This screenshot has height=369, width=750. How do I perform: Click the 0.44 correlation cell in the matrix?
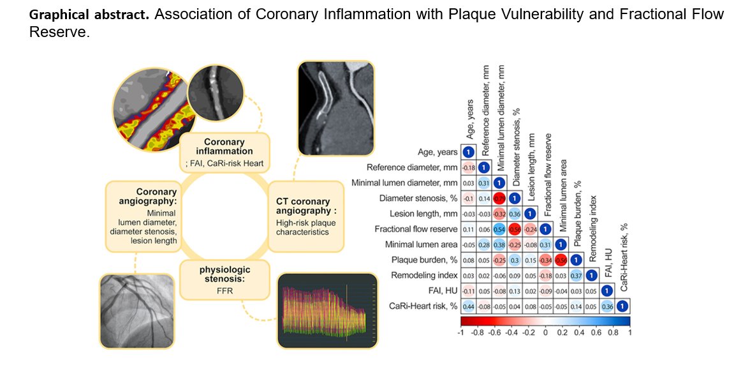(x=467, y=305)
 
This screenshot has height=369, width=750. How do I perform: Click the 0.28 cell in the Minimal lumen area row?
(x=483, y=245)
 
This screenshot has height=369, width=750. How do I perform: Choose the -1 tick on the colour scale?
(x=461, y=333)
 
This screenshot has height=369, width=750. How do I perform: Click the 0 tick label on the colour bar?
(x=545, y=333)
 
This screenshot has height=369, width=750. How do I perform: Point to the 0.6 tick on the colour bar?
(x=596, y=333)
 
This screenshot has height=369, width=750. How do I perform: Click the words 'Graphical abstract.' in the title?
(x=89, y=15)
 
